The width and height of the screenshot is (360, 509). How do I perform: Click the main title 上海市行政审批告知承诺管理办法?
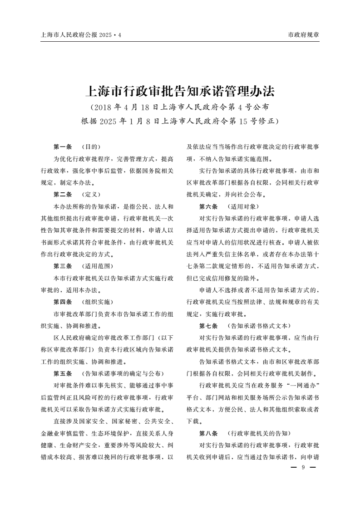tap(180, 92)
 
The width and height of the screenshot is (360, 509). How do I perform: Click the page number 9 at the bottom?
tap(303, 468)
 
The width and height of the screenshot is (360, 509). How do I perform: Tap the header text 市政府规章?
tap(304, 35)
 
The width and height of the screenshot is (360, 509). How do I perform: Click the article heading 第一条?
tap(63, 147)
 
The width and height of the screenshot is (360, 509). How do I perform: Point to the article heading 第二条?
tap(63, 195)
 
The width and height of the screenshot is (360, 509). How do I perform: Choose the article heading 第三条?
tap(63, 266)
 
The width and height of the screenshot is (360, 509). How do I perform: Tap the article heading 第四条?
tap(63, 302)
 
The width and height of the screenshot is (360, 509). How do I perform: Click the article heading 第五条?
tap(63, 373)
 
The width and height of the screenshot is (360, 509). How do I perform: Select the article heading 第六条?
tap(209, 206)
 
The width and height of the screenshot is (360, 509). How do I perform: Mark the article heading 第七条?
tap(209, 326)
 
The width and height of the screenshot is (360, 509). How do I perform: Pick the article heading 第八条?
tap(209, 433)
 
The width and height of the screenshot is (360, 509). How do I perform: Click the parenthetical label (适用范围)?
tap(97, 266)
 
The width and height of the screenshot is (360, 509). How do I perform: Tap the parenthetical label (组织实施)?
tap(97, 302)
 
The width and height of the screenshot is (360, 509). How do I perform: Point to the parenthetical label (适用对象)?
tap(243, 206)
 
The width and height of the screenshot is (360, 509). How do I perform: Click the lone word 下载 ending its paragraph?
tap(194, 421)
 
